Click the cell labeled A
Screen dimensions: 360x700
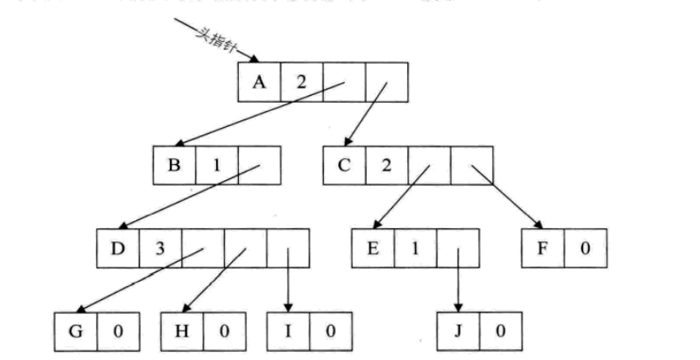click(x=258, y=82)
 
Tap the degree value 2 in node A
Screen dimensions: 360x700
click(x=301, y=82)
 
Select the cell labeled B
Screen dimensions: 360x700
click(x=174, y=165)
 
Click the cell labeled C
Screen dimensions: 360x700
click(x=344, y=165)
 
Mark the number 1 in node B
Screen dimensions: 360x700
click(x=216, y=165)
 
